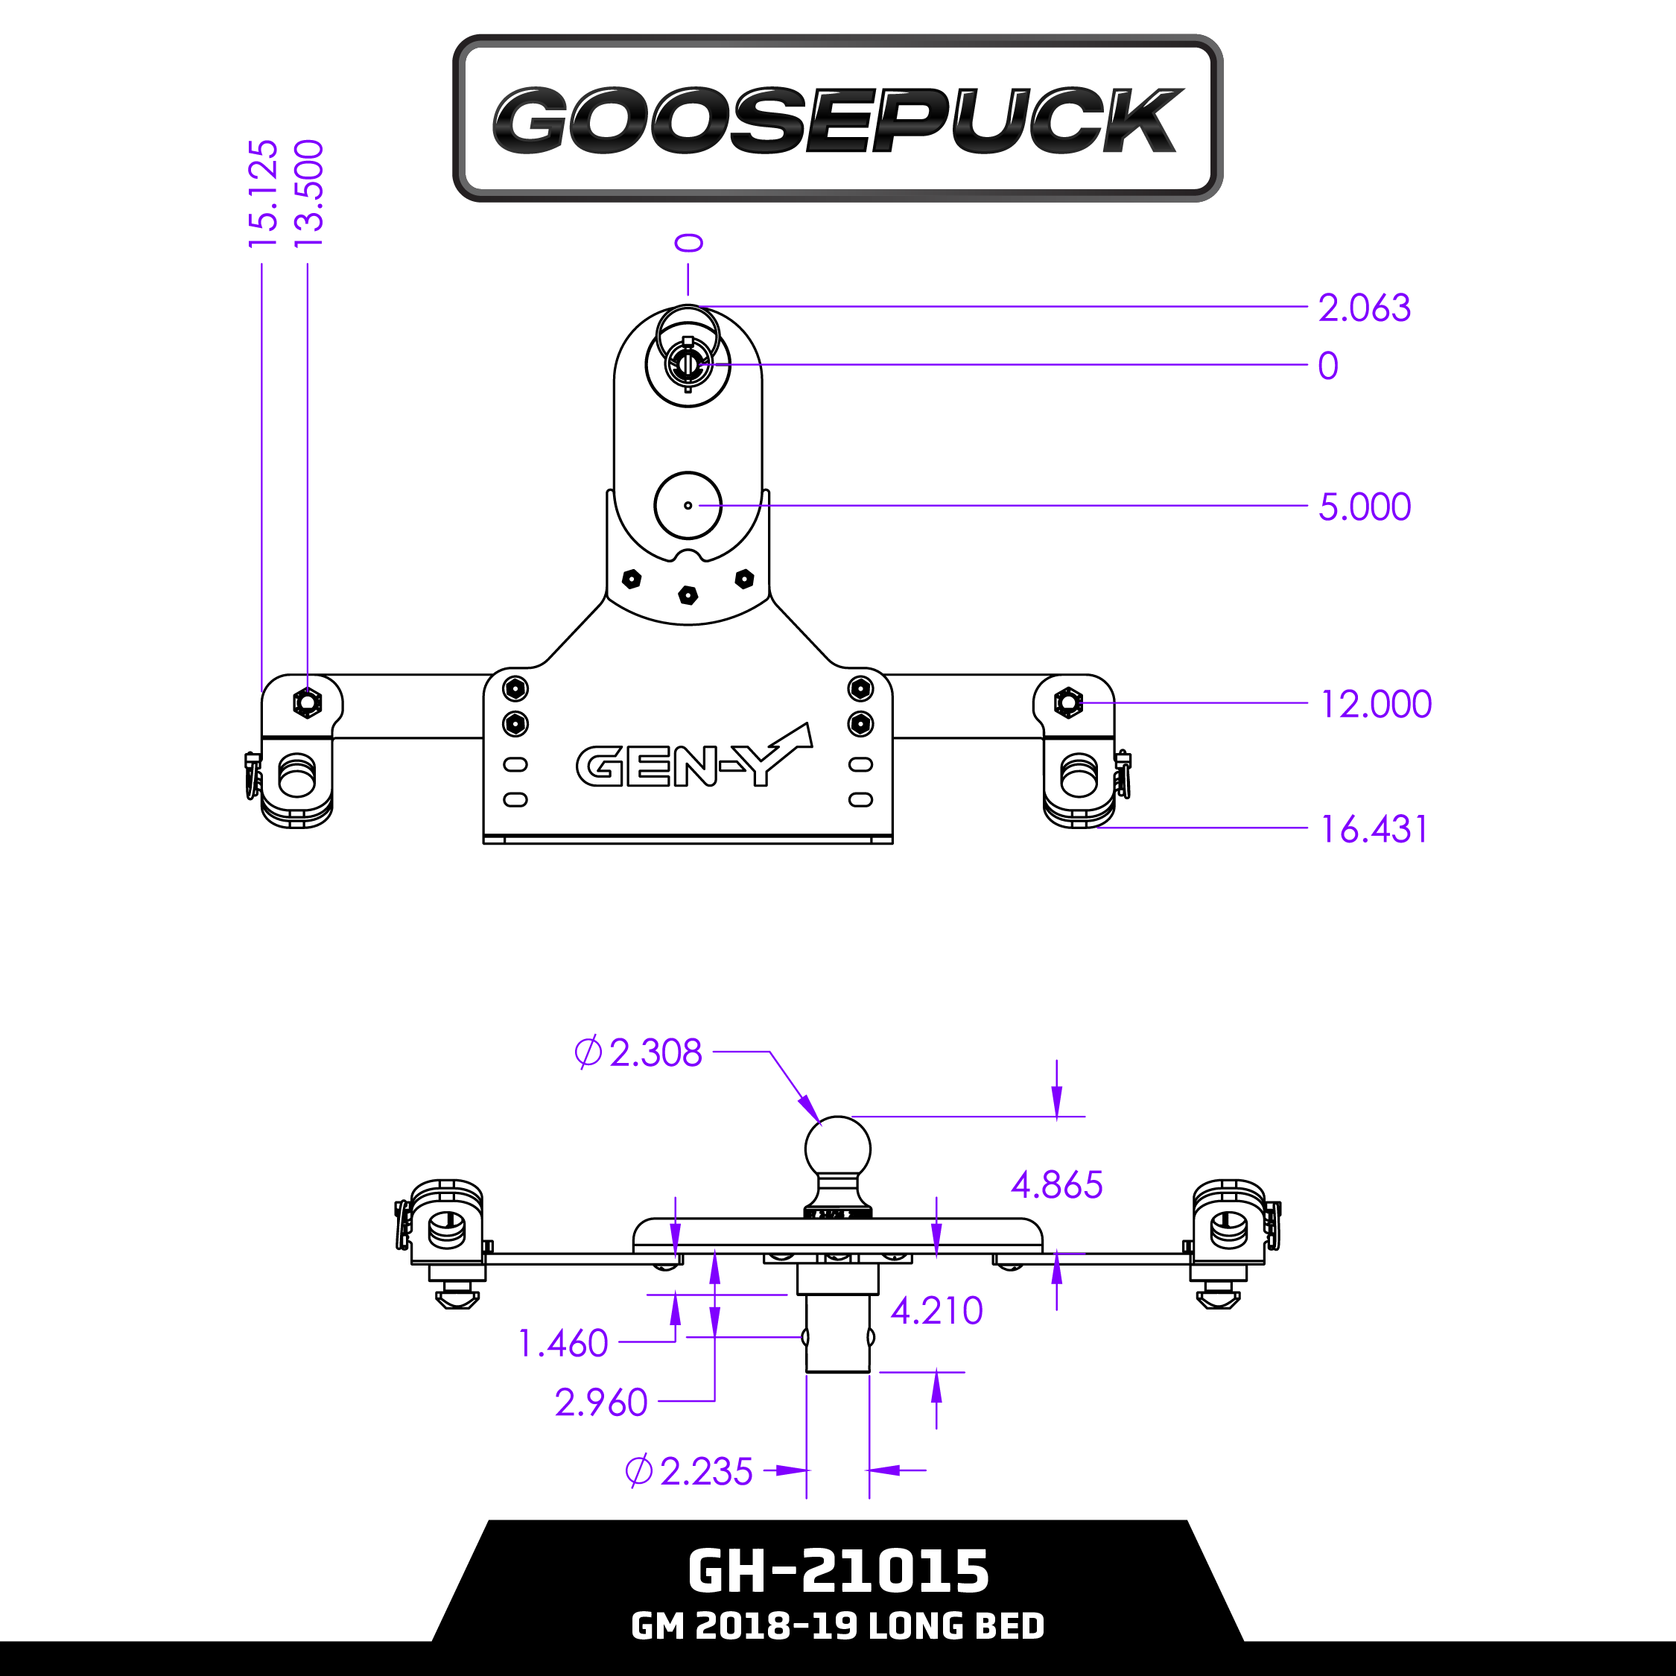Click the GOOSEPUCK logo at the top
coord(837,119)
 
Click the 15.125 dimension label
coord(263,193)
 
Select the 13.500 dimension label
coord(309,193)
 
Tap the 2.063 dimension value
coord(1364,308)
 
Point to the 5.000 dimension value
coord(1364,507)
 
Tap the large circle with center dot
coord(688,506)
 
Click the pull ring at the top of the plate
coord(688,328)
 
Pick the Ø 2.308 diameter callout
coord(638,1053)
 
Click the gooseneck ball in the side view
coord(837,1147)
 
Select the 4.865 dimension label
coord(1056,1185)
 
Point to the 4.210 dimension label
coord(937,1311)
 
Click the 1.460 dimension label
coord(563,1344)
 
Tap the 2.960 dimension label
coord(600,1403)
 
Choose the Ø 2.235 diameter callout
coord(689,1471)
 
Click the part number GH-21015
coord(837,1571)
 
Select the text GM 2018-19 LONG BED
coord(837,1625)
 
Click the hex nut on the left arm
coord(307,702)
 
